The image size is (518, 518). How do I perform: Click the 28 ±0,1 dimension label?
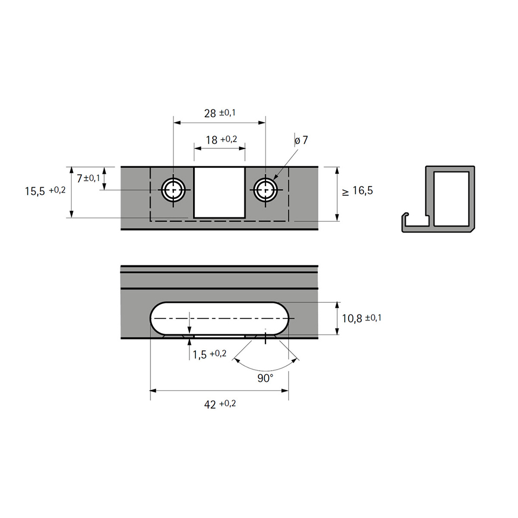point(220,113)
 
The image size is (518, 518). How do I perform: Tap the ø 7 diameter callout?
point(301,140)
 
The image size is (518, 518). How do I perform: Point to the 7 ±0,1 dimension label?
point(88,178)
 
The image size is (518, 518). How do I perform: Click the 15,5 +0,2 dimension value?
point(45,191)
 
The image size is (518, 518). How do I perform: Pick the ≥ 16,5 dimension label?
point(357,190)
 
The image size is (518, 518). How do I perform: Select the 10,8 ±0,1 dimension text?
point(362,318)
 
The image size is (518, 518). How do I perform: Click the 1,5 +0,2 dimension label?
point(209,355)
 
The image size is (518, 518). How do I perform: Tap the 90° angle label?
point(265,378)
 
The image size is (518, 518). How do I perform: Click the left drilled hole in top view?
point(173,190)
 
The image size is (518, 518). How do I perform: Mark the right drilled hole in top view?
point(265,190)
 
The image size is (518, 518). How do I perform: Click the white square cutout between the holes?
point(220,192)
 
